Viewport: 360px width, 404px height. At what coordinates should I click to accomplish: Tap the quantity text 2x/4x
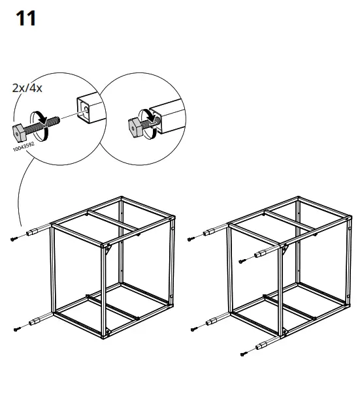click(x=27, y=87)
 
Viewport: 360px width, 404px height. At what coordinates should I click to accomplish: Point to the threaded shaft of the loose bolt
click(x=50, y=121)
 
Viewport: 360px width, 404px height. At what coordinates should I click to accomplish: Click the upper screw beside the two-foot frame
click(x=14, y=240)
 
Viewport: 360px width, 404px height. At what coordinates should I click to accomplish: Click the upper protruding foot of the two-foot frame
click(x=34, y=232)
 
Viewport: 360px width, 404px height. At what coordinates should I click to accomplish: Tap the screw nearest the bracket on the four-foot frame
click(x=241, y=261)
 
